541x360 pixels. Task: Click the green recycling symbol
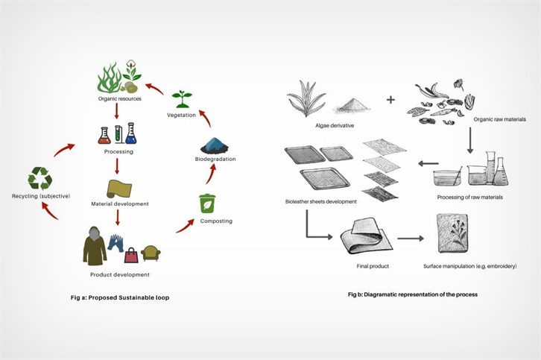(x=39, y=177)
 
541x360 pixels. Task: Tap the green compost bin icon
(x=207, y=203)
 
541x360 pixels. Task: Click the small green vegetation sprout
(x=181, y=98)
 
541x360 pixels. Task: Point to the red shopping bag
(x=131, y=256)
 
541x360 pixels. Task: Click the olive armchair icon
(x=151, y=254)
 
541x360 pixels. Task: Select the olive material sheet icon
(x=119, y=187)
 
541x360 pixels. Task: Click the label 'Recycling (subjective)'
(x=41, y=196)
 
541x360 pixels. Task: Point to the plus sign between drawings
(x=391, y=99)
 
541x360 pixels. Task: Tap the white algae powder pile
(x=351, y=105)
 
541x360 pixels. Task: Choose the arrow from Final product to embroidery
(x=410, y=239)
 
